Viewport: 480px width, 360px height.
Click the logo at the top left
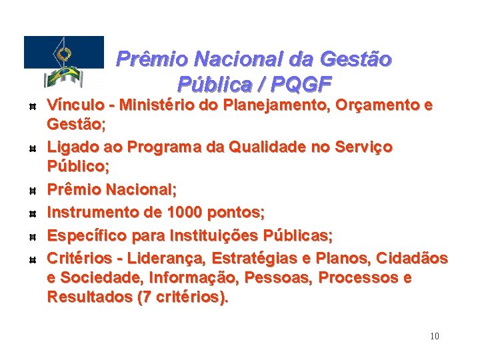tap(64, 62)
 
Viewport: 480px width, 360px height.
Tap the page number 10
tap(435, 336)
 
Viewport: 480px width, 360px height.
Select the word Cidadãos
tap(413, 258)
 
